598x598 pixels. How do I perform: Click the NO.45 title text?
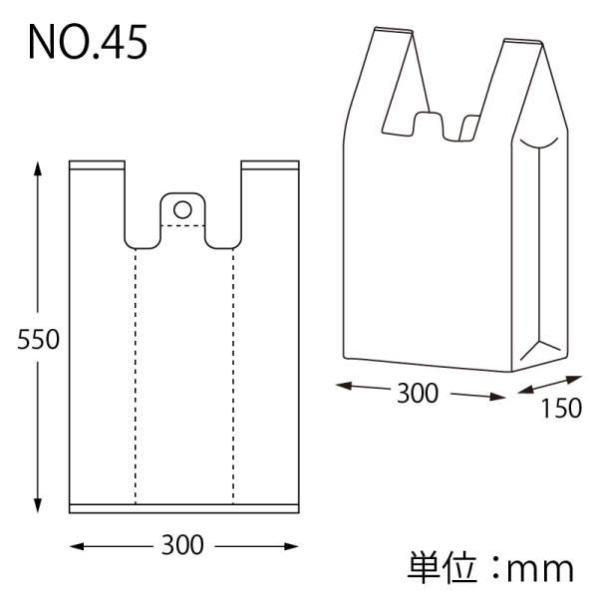[x=88, y=42]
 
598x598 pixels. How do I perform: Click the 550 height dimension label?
[x=38, y=340]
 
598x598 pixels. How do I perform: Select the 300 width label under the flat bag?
[x=182, y=545]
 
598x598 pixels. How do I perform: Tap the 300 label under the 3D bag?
[x=418, y=394]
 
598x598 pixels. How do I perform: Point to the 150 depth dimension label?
[x=561, y=408]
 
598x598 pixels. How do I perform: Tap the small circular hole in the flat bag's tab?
[x=182, y=209]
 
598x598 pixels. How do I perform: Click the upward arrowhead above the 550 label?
[x=38, y=169]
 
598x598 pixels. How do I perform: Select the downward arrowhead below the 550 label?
[x=38, y=505]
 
